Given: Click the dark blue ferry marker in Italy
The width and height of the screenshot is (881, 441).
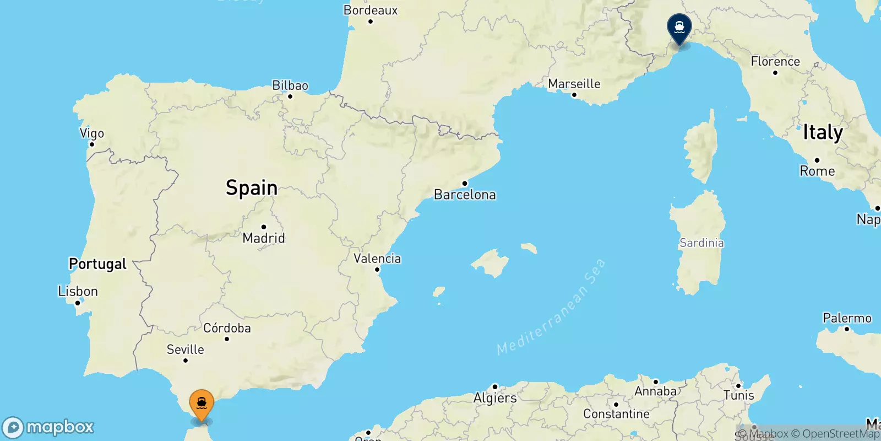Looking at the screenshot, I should click(679, 28).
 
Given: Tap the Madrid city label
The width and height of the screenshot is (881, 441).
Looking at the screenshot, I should click(264, 238).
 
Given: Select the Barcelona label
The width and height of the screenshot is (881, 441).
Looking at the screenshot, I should click(465, 195).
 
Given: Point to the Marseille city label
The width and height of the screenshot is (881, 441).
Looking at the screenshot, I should click(574, 84).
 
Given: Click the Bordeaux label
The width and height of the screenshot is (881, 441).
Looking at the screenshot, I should click(370, 10).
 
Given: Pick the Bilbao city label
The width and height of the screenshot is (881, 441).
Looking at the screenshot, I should click(290, 85).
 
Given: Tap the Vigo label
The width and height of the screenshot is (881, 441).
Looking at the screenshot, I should click(91, 133).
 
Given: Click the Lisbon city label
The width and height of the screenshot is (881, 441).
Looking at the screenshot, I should click(78, 291).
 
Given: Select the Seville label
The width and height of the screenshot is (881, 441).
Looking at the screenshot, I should click(185, 349).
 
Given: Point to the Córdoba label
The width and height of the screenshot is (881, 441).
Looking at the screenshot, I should click(227, 328).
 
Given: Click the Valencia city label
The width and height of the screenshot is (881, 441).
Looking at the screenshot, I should click(377, 259).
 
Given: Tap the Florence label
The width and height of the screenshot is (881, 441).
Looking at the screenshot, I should click(775, 61).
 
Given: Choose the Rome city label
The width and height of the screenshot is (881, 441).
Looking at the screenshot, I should click(817, 171).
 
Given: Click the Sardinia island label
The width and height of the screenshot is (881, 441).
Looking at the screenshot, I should click(701, 243).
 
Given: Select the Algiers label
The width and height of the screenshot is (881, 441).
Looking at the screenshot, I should click(495, 398).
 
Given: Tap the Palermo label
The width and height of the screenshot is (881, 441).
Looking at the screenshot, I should click(847, 318).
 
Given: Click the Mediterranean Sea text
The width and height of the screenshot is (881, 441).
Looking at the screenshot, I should click(551, 307).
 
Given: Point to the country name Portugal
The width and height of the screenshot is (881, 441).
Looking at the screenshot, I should click(97, 264).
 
